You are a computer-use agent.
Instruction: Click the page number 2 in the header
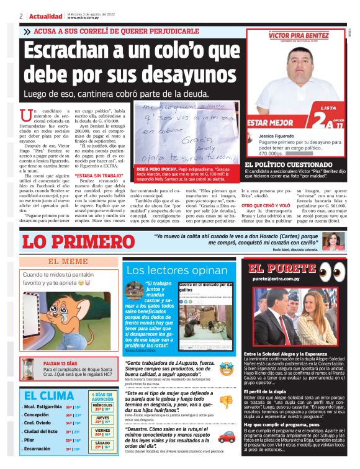click(x=21, y=16)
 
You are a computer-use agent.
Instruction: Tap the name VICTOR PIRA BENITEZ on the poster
click(x=300, y=36)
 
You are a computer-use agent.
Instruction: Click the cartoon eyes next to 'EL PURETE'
click(x=335, y=270)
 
